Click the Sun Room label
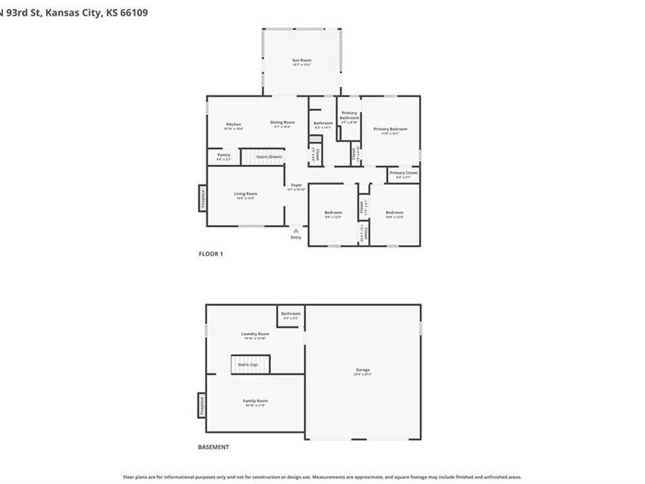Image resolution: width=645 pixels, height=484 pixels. tap(301, 60)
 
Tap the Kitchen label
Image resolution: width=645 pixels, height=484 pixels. tap(234, 124)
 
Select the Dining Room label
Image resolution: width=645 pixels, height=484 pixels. tap(282, 122)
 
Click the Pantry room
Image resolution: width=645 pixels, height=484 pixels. tap(224, 156)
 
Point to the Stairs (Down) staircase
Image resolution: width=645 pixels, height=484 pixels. tap(262, 156)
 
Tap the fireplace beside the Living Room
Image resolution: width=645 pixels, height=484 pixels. tap(202, 198)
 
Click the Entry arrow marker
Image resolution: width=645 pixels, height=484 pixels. tap(296, 230)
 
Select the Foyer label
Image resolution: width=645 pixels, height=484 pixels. tap(296, 186)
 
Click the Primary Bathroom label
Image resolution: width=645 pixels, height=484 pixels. tap(349, 115)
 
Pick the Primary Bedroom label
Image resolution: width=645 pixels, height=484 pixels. tap(391, 129)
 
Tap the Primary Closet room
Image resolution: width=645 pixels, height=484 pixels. tap(403, 174)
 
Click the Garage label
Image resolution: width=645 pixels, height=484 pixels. tap(363, 370)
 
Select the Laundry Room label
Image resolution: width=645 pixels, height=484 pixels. tap(255, 333)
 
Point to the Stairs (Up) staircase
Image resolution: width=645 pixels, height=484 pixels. tap(249, 364)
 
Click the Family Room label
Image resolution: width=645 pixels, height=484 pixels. tap(255, 401)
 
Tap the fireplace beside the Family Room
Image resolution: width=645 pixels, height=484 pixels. tap(202, 406)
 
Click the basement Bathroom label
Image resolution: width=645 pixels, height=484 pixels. tap(291, 314)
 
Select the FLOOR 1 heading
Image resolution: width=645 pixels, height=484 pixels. tap(211, 254)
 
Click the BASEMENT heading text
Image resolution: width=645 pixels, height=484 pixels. tap(214, 447)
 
